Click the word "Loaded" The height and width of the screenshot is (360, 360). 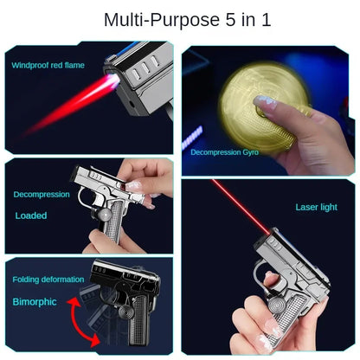pos(31,215)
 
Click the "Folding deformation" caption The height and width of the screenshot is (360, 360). pos(48,280)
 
